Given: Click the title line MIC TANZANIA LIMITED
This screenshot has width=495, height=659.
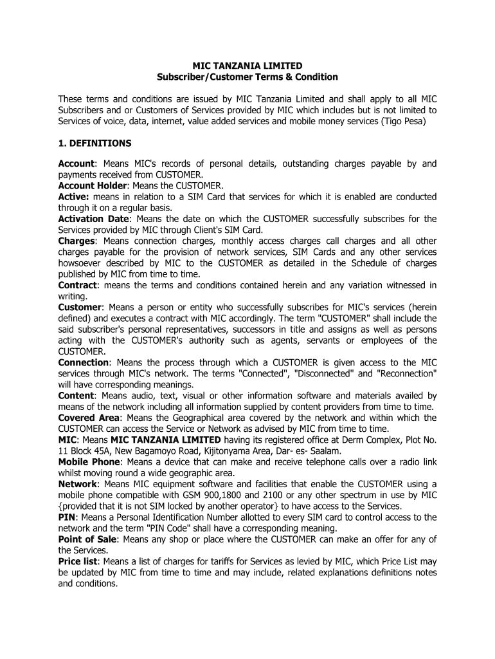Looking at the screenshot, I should coord(248,66).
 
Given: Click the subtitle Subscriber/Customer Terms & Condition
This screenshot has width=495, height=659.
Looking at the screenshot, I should coord(248,77).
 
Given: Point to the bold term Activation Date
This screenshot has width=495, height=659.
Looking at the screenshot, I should coord(93,219).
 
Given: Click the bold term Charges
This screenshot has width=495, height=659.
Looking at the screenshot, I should coord(76,241).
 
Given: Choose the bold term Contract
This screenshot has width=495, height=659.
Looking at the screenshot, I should coord(78,285).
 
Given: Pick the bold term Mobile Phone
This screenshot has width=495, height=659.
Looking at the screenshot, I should coord(89,462).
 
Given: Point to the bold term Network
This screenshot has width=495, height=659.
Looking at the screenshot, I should coord(77,484).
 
